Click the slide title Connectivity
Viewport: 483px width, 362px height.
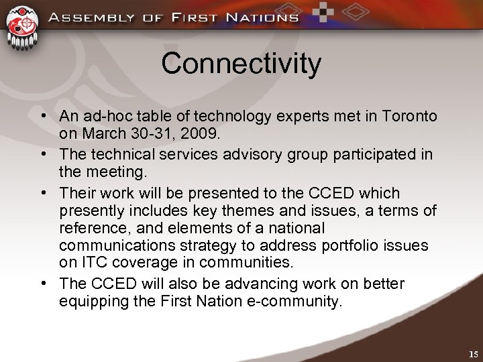(x=241, y=64)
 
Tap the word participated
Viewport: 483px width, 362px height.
(x=376, y=154)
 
